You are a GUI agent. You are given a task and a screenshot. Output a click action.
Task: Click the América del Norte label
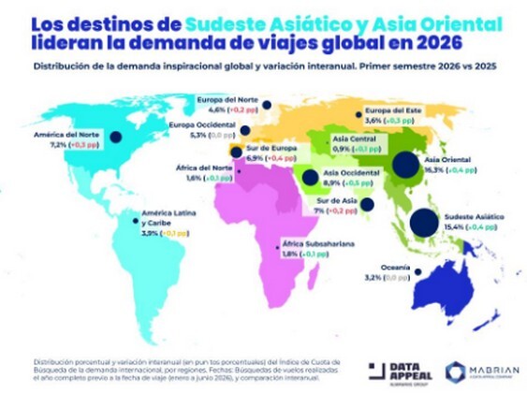pos(68,135)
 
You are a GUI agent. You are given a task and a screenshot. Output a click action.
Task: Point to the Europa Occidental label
pos(201,124)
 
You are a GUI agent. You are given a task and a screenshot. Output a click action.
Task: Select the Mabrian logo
pos(480,371)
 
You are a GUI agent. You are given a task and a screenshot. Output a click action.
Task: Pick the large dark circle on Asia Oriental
pos(405,167)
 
